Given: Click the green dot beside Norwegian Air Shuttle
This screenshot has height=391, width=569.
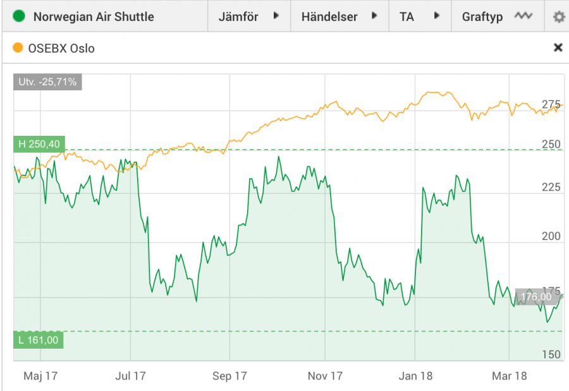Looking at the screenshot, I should (20, 16).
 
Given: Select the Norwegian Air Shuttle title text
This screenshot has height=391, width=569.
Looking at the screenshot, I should (94, 16).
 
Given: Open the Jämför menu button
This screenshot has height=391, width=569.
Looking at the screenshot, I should (248, 16).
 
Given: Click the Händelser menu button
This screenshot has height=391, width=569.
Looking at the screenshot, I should (339, 16).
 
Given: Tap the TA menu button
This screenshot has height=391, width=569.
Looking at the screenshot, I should (419, 16).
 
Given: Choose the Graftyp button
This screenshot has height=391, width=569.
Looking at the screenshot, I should (497, 16).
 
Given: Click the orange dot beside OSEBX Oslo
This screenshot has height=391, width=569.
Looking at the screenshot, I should (18, 48).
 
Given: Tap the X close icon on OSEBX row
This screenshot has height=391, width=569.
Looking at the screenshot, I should (558, 47).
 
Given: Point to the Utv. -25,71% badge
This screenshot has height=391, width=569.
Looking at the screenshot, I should (47, 82).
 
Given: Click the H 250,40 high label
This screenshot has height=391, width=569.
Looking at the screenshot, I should (39, 145).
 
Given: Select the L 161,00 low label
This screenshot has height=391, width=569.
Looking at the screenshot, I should (39, 340).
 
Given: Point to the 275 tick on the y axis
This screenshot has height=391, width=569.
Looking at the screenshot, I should (551, 104).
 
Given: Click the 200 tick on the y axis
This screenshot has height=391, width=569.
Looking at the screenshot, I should (551, 236).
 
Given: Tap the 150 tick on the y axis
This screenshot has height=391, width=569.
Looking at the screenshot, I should (551, 354).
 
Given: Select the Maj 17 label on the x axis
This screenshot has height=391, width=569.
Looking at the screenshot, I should (40, 376).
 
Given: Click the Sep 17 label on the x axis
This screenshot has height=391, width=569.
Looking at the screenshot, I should (229, 376).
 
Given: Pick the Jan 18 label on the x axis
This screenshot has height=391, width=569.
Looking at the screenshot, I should (416, 376).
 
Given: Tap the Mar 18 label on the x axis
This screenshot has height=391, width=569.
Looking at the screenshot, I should (510, 376).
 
